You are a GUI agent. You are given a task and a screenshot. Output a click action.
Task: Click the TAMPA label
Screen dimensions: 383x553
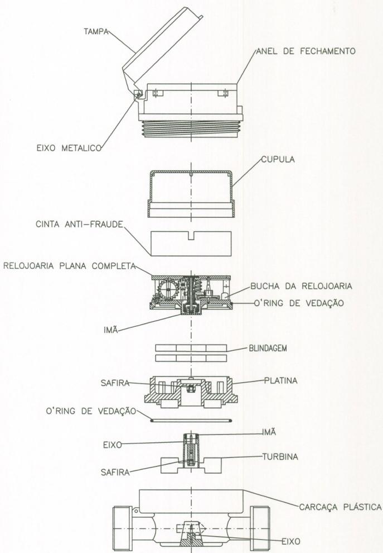96,32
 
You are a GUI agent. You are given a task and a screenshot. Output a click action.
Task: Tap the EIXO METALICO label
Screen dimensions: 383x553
69,148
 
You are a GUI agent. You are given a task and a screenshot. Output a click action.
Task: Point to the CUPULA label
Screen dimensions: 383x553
278,159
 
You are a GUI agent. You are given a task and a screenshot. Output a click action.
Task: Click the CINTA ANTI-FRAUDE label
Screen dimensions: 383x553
80,225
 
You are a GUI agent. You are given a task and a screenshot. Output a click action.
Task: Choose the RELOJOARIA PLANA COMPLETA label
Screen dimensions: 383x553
69,265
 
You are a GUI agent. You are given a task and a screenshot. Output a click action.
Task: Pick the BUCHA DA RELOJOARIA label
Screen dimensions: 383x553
302,286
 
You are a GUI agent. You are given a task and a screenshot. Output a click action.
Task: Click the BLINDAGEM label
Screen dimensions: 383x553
268,349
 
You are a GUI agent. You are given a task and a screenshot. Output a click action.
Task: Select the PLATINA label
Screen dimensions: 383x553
281,380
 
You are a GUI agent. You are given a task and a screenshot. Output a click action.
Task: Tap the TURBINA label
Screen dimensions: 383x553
280,457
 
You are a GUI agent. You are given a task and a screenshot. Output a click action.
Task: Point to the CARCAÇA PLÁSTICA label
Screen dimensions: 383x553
341,507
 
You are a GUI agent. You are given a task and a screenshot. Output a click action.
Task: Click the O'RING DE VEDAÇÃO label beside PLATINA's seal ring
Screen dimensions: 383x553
91,411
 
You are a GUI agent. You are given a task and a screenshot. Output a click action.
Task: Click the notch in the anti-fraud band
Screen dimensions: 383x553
191,236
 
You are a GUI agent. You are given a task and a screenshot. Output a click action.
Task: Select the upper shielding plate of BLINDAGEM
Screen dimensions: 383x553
191,348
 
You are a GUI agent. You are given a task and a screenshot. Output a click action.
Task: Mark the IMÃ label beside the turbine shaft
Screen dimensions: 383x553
269,432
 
